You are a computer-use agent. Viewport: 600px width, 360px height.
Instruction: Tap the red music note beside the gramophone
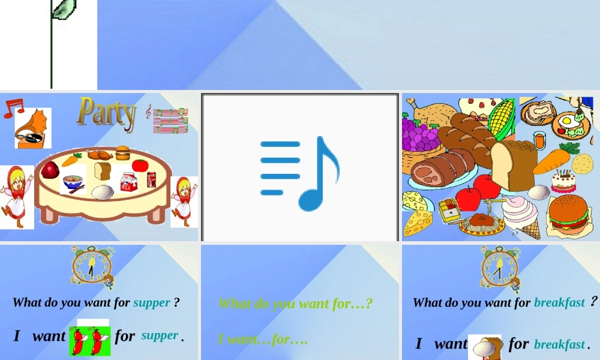(x=14, y=108)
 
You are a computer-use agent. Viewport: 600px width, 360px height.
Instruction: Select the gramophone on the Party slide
(x=32, y=128)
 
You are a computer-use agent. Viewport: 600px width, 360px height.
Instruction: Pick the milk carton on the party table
(x=128, y=181)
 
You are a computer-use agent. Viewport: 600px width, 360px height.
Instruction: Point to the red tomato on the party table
(x=140, y=165)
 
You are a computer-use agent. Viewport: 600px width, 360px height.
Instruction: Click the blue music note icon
(x=300, y=173)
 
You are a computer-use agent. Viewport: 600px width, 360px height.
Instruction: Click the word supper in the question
(x=152, y=303)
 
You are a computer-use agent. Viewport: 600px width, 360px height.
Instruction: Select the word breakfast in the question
(x=559, y=302)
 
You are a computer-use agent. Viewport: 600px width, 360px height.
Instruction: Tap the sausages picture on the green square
(x=90, y=341)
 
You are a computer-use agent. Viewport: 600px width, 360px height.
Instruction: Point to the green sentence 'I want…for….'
(x=263, y=339)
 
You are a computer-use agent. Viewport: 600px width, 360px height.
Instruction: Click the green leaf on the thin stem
(x=64, y=9)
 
